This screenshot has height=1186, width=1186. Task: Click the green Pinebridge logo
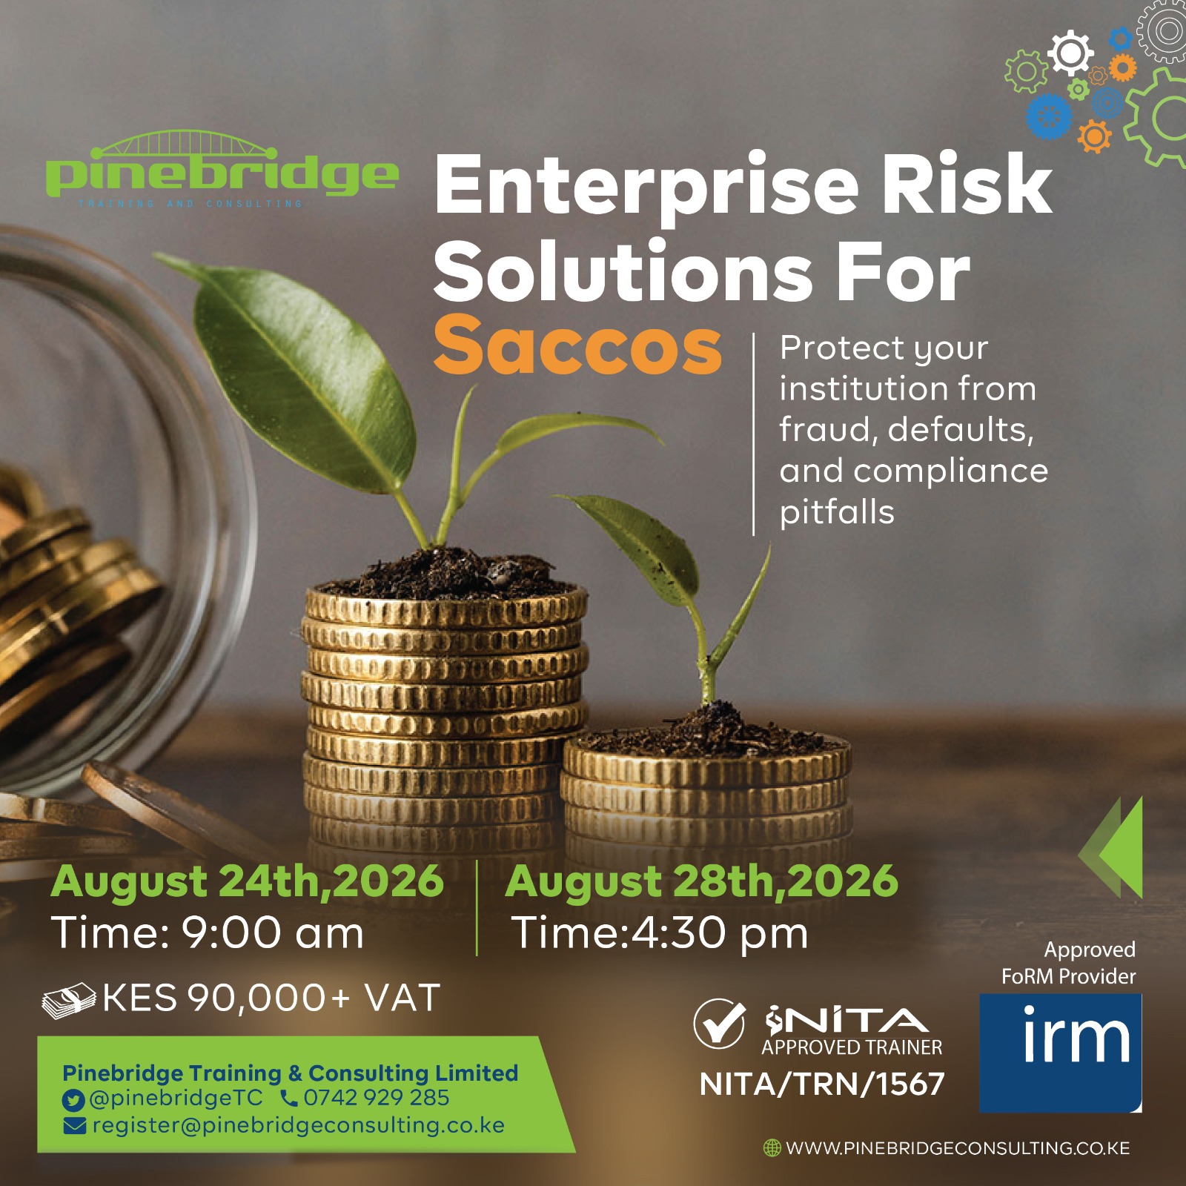tap(222, 170)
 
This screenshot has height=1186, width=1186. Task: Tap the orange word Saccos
tap(577, 345)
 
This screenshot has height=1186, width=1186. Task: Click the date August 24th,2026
tap(247, 883)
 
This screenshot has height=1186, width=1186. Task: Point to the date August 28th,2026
tap(701, 883)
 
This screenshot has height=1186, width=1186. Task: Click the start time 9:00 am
tap(272, 932)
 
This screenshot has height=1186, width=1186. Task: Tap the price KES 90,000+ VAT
tap(271, 998)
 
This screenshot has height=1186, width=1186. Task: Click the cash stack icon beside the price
tap(69, 1001)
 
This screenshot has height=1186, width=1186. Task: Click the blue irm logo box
tap(1060, 1053)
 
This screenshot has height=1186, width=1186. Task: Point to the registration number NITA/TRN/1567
tap(822, 1084)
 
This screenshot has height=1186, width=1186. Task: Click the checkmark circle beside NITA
tap(719, 1024)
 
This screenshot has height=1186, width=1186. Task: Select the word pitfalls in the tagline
tap(837, 512)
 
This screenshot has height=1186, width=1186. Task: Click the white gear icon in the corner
tap(1070, 53)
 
